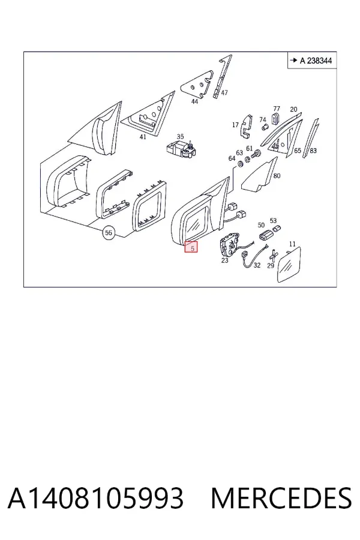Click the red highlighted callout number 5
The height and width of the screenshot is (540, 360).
click(191, 247)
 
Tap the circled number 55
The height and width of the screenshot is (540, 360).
click(109, 233)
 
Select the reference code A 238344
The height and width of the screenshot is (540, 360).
click(316, 61)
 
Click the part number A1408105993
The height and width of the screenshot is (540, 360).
click(96, 498)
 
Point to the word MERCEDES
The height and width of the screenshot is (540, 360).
click(281, 498)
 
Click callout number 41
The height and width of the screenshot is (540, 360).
click(143, 137)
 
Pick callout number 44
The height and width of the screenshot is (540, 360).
click(194, 101)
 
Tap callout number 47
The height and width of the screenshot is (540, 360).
click(224, 92)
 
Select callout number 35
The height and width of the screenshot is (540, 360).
click(180, 137)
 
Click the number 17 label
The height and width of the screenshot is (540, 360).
click(235, 125)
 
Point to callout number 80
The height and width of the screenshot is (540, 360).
click(277, 176)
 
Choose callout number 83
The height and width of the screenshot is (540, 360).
click(313, 151)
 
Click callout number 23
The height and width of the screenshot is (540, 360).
click(224, 260)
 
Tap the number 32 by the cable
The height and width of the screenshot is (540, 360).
click(257, 265)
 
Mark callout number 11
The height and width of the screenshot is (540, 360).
click(292, 244)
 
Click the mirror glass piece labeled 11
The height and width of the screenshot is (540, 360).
click(289, 265)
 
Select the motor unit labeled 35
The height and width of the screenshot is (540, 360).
click(182, 150)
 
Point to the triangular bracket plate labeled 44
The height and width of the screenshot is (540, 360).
click(197, 85)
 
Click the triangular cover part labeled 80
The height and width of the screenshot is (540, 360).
click(259, 176)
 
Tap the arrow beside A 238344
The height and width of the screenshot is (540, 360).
click(293, 60)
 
